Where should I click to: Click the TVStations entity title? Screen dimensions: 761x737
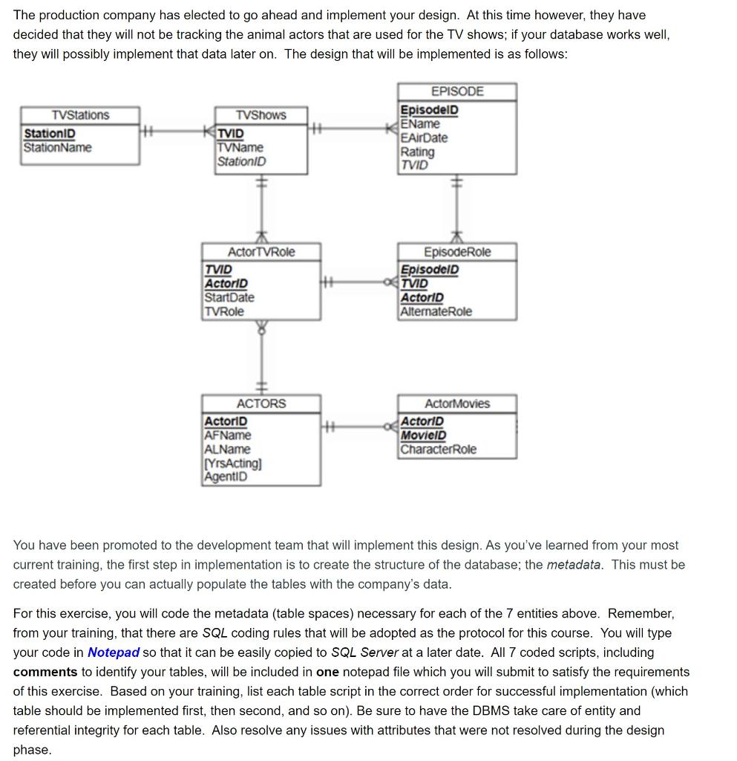point(80,115)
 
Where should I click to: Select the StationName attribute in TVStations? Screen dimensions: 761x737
point(58,147)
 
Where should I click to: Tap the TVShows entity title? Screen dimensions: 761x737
point(261,115)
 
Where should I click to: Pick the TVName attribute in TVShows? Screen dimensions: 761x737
point(240,147)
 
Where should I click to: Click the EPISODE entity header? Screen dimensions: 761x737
point(457,91)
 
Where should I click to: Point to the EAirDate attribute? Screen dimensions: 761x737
point(424,137)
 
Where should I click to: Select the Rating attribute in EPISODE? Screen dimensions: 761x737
point(417,152)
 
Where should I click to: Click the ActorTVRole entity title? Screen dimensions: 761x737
point(261,252)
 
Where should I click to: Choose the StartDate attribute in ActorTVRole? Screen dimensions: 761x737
point(229,297)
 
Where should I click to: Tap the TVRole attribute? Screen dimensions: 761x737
point(224,311)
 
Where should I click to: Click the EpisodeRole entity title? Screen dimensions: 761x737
point(457,252)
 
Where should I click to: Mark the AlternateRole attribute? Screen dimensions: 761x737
point(436,311)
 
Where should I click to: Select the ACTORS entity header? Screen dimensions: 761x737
point(261,404)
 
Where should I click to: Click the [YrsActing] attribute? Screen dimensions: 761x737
point(232,463)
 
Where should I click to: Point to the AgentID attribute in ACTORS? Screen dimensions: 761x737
point(226,477)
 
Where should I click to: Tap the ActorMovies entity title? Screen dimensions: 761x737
point(457,404)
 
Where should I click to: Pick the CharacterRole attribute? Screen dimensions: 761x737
point(439,450)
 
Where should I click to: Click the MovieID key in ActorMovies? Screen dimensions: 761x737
point(423,435)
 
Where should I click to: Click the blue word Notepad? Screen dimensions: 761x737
point(114,652)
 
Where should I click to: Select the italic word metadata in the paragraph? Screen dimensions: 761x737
point(574,565)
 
